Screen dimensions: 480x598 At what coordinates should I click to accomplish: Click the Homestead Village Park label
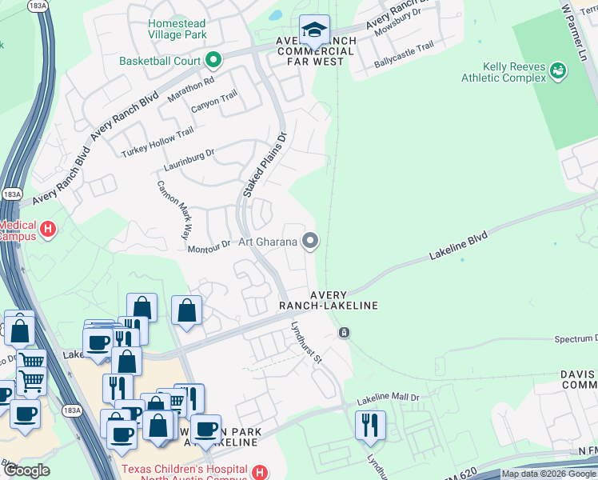(x=177, y=29)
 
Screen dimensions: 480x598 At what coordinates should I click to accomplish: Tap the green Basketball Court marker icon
(x=213, y=60)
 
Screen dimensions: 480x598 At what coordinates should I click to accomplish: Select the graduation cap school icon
(x=314, y=31)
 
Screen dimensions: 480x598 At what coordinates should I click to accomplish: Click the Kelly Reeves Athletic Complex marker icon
(x=558, y=72)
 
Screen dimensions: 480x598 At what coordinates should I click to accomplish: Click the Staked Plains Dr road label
(x=265, y=166)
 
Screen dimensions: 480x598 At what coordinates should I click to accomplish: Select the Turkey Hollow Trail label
(x=157, y=142)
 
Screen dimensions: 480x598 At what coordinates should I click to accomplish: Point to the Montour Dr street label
(x=209, y=247)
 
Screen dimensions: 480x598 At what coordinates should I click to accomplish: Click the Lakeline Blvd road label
(x=458, y=244)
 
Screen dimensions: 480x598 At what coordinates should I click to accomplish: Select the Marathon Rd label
(x=191, y=89)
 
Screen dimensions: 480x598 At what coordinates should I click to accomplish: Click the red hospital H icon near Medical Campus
(x=48, y=230)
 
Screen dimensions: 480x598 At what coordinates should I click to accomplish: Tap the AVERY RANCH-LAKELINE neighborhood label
(x=328, y=299)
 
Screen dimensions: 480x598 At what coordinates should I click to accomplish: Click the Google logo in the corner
(x=26, y=470)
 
